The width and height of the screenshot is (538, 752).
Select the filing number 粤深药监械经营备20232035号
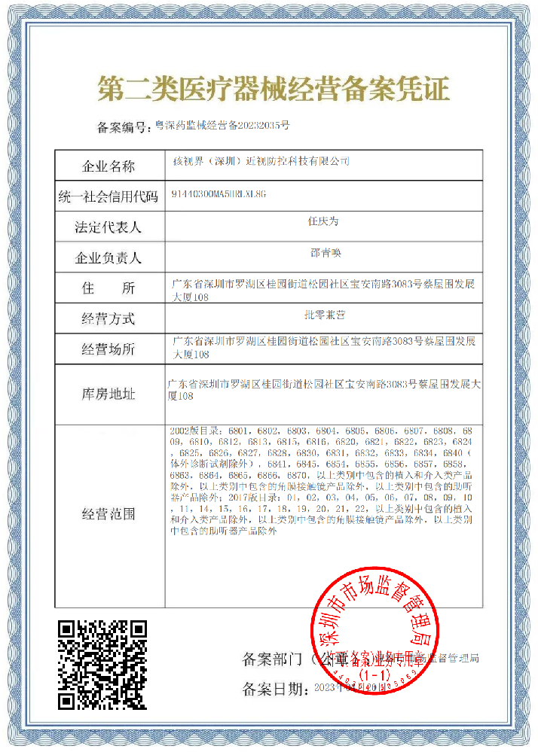222,126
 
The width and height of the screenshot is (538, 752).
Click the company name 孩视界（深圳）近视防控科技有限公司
261,162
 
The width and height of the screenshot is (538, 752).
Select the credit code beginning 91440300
219,193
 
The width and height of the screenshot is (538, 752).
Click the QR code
102,664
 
